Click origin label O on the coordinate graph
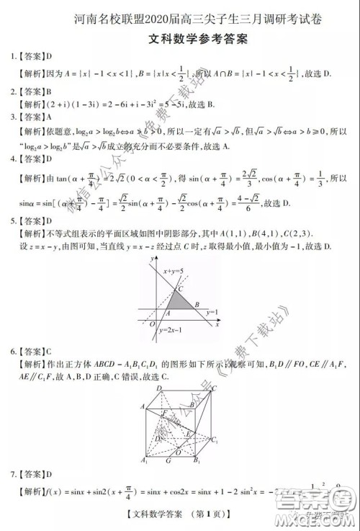151,323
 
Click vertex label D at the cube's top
158,389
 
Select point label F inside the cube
164,411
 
